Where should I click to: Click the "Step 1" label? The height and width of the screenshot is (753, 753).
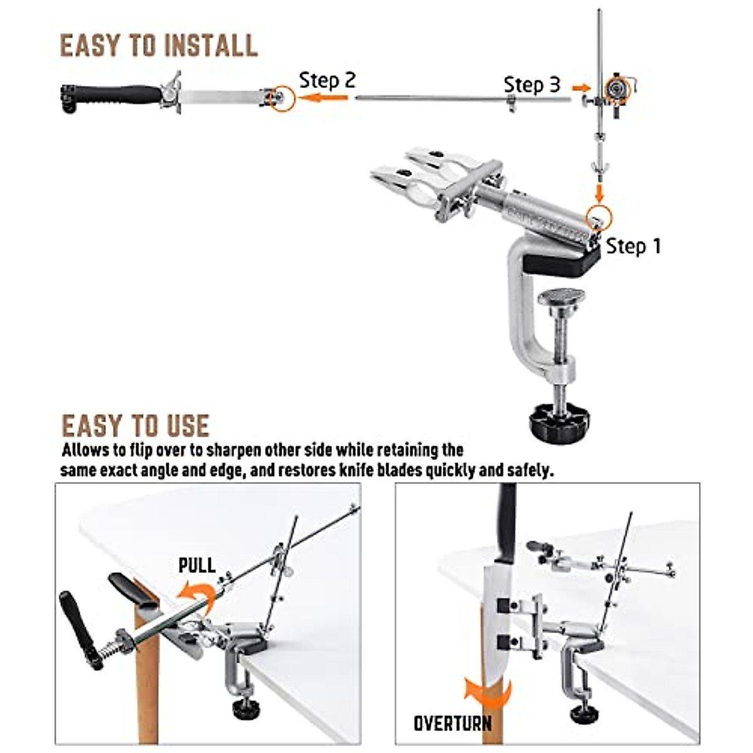pyautogui.click(x=633, y=246)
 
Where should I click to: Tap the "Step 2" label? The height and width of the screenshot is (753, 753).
pyautogui.click(x=327, y=80)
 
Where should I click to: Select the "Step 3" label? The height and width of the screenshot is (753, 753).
pyautogui.click(x=531, y=85)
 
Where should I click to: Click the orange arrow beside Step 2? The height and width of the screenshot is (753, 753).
pyautogui.click(x=323, y=97)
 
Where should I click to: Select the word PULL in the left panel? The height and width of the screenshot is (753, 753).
pyautogui.click(x=197, y=565)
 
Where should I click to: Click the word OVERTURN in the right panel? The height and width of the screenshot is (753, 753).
pyautogui.click(x=452, y=723)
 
